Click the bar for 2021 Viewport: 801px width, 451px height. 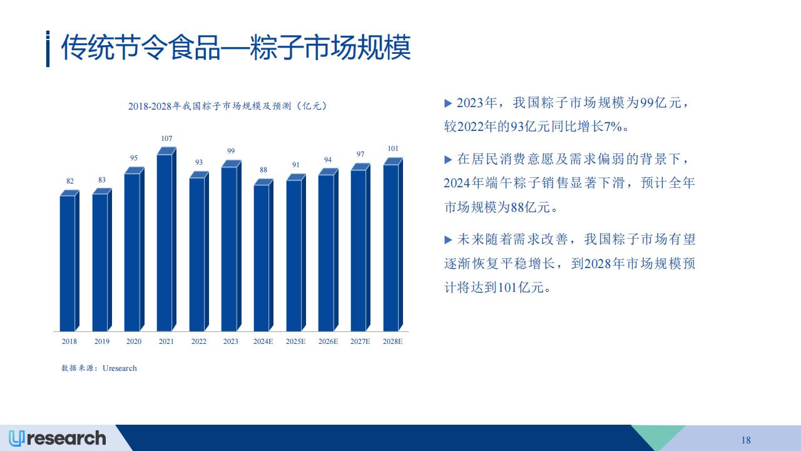(x=166, y=239)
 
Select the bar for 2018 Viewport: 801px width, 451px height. (x=69, y=261)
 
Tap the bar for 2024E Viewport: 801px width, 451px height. (x=263, y=255)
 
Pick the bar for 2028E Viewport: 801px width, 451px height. (x=393, y=244)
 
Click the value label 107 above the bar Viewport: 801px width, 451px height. (x=166, y=138)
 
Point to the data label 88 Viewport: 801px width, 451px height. (x=263, y=170)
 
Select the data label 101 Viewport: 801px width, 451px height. (x=393, y=148)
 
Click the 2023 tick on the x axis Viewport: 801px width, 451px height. (x=231, y=341)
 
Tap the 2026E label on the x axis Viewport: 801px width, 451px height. (x=329, y=341)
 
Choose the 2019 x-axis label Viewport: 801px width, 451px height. (x=102, y=341)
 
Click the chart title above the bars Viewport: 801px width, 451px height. (x=228, y=106)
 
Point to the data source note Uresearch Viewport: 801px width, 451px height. (x=99, y=368)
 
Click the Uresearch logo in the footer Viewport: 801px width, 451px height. (x=57, y=438)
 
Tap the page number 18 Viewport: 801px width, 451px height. (x=746, y=440)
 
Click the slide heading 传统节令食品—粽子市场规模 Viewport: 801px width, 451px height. (x=236, y=48)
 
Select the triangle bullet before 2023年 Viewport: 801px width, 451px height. (x=448, y=103)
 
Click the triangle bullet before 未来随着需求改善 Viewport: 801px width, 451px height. (x=448, y=240)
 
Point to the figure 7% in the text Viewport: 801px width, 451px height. (x=613, y=127)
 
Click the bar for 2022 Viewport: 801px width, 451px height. (x=199, y=251)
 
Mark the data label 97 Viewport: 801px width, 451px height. (x=360, y=154)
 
